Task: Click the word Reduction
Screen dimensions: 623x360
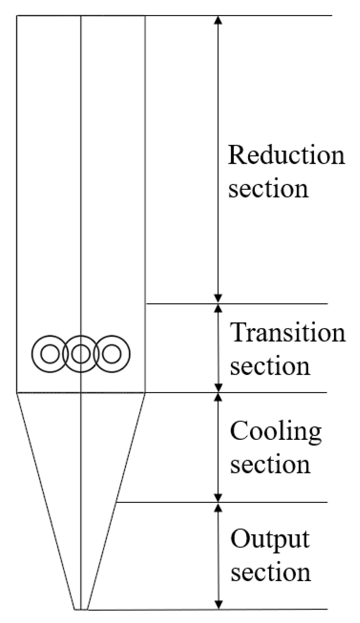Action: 286,155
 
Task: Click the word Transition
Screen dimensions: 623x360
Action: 288,333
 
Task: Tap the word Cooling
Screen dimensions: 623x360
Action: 276,432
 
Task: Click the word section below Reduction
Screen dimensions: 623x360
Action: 268,189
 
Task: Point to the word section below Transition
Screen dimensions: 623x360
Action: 270,367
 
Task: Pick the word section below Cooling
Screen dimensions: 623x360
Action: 270,465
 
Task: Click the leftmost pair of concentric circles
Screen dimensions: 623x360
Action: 50,354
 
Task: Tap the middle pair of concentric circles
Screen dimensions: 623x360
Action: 81,354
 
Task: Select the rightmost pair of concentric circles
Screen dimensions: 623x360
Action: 112,354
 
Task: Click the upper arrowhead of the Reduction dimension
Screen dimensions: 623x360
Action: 218,20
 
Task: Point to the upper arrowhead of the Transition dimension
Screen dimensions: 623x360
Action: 218,308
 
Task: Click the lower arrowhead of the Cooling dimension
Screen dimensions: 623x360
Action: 218,498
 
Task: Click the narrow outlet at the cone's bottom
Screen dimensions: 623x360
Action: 81,609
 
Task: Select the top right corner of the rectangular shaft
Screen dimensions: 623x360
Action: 145,16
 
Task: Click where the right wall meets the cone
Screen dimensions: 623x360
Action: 145,393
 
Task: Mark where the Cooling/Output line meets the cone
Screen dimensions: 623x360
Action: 116,502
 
